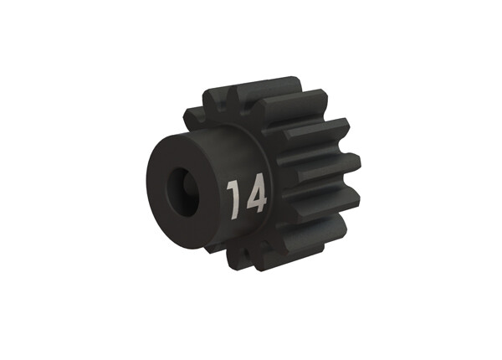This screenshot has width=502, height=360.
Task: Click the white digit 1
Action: [x=235, y=197]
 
